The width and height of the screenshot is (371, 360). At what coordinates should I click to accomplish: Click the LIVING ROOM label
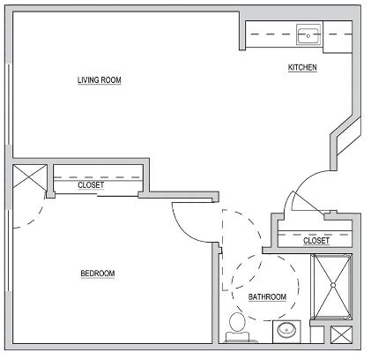tap(100, 80)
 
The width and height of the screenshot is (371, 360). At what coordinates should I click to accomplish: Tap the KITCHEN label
tap(302, 67)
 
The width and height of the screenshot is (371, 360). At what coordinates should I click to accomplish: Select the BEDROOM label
tap(98, 274)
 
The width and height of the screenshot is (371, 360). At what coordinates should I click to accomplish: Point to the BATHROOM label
tap(267, 297)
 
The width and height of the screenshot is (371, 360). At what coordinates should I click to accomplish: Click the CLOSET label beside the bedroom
tap(91, 185)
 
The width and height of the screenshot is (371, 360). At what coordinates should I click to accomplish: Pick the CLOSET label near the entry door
tap(316, 241)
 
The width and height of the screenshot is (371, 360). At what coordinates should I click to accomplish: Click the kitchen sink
tap(308, 34)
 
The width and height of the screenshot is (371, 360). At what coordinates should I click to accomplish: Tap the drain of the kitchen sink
tap(308, 36)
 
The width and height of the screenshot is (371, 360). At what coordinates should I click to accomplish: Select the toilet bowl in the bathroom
tap(237, 322)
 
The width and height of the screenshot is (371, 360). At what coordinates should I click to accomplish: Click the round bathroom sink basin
tap(287, 331)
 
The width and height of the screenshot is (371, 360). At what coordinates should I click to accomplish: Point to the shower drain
tap(333, 285)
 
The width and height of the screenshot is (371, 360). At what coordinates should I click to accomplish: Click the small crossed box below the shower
tap(341, 335)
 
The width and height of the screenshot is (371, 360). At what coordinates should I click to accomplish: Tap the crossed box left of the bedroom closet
tap(30, 178)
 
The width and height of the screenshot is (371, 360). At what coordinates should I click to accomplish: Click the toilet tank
tap(237, 336)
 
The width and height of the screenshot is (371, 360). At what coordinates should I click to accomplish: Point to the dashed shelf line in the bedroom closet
tap(97, 177)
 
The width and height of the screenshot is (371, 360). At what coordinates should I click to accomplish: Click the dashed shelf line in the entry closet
tap(315, 235)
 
